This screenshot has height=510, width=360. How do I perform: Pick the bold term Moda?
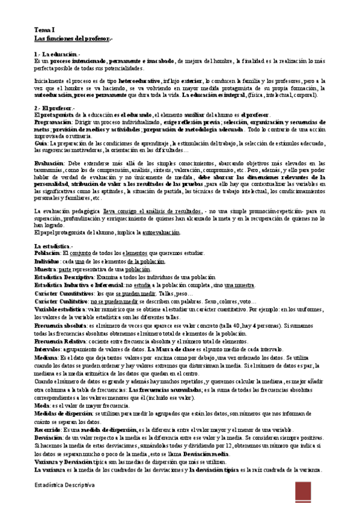(x=42, y=405)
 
